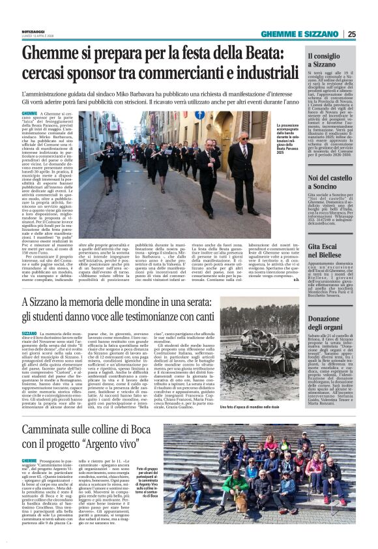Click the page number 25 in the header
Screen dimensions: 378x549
pos(351,35)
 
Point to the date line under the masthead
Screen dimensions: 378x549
pos(36,36)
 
